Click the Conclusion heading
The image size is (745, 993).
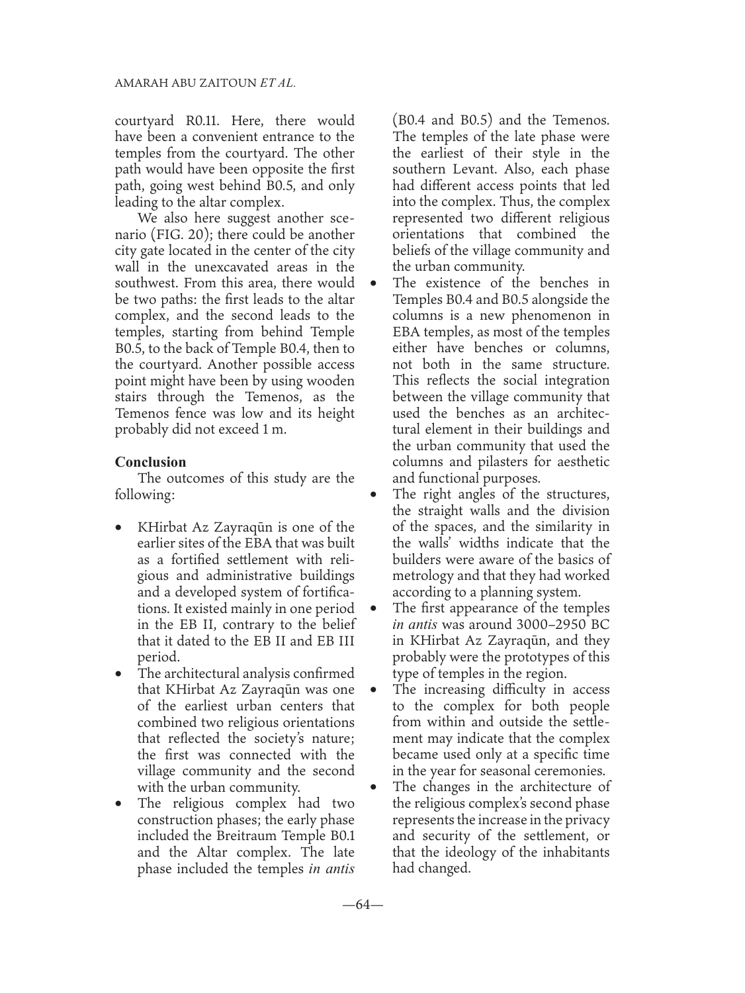tap(150, 462)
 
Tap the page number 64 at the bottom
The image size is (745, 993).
tap(363, 905)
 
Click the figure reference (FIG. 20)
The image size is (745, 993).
tap(201, 235)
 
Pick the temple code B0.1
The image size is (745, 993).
tap(340, 836)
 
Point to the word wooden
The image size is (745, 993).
tap(329, 381)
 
